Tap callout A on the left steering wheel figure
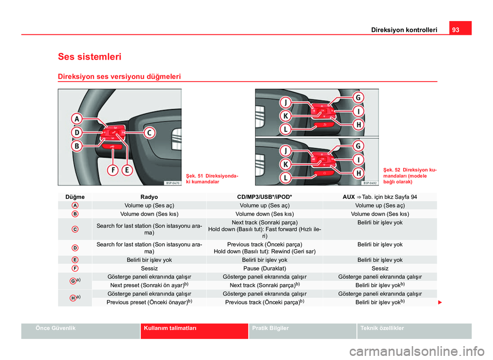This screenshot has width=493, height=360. click(77, 119)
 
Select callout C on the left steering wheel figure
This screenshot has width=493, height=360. click(148, 132)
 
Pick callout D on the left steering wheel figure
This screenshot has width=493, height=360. click(77, 132)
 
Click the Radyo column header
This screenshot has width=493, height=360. click(149, 197)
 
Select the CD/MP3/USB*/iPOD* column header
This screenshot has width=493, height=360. click(265, 197)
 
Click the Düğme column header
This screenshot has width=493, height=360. click(75, 197)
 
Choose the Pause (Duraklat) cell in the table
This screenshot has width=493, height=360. click(265, 269)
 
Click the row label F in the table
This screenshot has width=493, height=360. click(75, 269)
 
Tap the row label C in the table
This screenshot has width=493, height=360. click(75, 229)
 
